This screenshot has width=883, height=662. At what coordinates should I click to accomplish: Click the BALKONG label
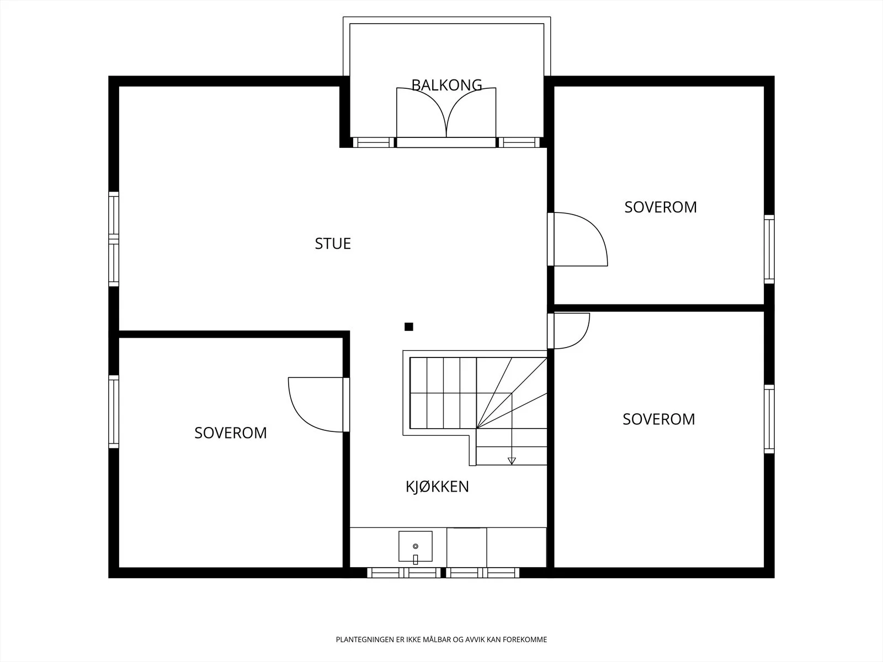point(446,85)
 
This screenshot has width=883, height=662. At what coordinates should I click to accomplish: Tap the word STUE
point(333,244)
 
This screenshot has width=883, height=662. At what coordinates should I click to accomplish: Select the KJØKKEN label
point(437,487)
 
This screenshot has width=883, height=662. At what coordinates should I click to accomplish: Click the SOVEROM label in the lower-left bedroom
point(231,433)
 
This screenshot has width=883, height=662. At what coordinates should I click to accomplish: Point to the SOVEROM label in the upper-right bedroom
point(661,207)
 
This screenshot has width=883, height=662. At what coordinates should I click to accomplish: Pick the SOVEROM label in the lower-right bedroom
point(659,419)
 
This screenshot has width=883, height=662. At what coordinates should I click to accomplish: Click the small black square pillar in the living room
point(409,327)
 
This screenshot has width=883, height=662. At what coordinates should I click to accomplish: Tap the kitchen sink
point(416,546)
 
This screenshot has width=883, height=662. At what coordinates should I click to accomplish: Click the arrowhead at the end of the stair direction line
point(512,461)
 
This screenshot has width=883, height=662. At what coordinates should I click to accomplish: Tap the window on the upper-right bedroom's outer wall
point(769,249)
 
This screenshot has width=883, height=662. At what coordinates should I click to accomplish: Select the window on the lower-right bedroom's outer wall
point(769,419)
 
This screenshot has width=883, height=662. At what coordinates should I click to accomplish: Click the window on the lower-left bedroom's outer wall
point(114,412)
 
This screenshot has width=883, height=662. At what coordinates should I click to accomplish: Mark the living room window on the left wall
point(114,239)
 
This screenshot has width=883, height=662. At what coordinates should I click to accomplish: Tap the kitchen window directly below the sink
point(404,573)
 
